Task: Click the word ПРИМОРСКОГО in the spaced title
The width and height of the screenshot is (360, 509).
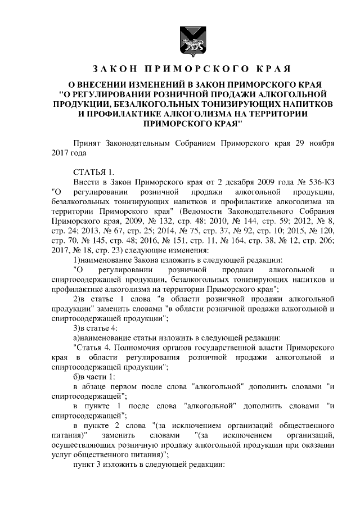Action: pos(191,70)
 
